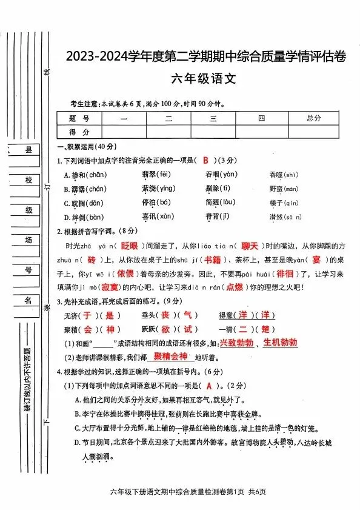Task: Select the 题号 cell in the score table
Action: tap(79, 118)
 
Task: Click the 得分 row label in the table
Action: tap(79, 132)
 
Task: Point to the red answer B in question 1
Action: tap(206, 160)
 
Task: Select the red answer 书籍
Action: tap(212, 260)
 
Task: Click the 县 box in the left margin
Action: tap(28, 150)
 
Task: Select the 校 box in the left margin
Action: tap(28, 181)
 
